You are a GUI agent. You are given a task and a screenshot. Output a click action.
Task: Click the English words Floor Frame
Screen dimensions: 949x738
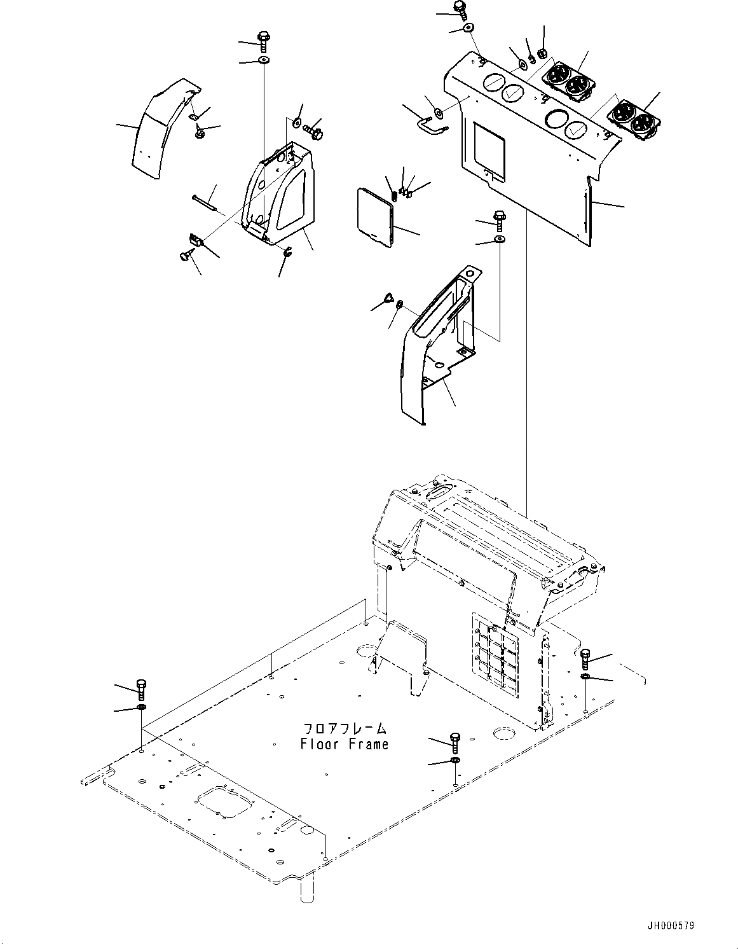tap(344, 744)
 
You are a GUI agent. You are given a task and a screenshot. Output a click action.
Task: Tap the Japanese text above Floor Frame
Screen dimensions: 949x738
tap(344, 729)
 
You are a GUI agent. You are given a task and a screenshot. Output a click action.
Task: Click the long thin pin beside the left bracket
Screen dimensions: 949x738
tap(203, 202)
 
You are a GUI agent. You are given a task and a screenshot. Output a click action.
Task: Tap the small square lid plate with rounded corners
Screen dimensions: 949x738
tap(376, 216)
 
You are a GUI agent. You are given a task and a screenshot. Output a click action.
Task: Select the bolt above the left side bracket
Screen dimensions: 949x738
tap(264, 39)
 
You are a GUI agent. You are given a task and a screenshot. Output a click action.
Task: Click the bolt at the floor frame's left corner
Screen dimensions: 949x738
tap(141, 689)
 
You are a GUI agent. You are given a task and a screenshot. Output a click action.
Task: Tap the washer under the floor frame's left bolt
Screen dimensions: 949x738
tap(141, 708)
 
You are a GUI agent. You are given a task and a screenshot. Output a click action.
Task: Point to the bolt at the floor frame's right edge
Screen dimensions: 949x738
tap(585, 659)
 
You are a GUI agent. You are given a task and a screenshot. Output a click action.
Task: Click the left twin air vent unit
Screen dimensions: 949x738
tap(568, 81)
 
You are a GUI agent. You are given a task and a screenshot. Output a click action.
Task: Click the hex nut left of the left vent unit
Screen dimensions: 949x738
tap(542, 53)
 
